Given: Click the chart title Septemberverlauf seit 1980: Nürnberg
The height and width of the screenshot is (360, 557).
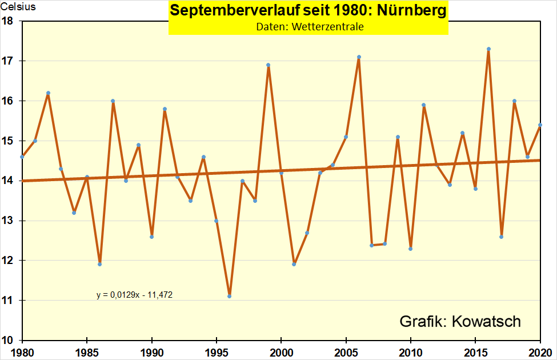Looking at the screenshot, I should coord(308,12).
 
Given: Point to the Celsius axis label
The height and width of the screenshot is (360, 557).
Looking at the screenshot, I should coord(18,7).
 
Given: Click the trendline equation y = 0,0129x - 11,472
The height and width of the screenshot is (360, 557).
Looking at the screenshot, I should coord(134,295).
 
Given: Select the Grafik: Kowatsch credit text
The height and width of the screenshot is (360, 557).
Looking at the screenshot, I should coord(460,321).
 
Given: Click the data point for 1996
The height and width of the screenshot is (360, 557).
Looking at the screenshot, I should coord(229,296).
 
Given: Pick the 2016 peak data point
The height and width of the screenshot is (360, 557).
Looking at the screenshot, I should coord(488,49).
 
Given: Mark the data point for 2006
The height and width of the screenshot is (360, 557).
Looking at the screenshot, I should coord(359,57).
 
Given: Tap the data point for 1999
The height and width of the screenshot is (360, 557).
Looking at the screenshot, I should coord(268,65).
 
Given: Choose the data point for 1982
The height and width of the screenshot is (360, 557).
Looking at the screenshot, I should coord(48,93).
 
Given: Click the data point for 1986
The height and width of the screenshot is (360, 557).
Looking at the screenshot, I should coord(99,264).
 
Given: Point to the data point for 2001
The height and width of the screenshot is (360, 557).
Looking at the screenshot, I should coord(294,264).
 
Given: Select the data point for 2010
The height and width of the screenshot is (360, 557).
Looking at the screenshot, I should coord(411,249).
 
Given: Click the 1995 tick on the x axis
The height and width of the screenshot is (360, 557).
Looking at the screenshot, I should coord(217,351).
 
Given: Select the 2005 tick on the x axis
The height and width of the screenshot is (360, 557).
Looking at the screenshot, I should coord(346,351).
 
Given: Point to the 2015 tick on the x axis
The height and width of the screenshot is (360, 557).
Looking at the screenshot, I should coord(475,351).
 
